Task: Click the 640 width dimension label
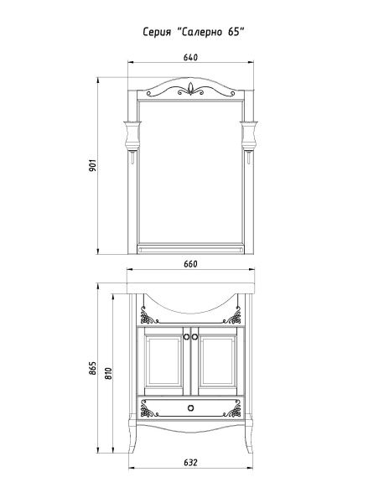tap(190, 57)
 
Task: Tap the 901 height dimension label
tap(93, 165)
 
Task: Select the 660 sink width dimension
tap(190, 264)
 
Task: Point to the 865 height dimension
tap(92, 368)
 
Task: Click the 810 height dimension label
tap(109, 373)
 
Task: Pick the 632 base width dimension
tap(190, 463)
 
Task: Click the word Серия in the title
tap(157, 32)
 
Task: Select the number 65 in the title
tap(234, 32)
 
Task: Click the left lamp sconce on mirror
tap(132, 137)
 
